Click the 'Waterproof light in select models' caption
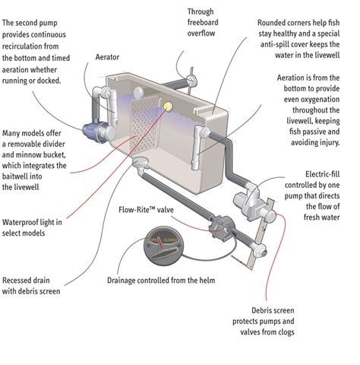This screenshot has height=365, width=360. tap(32, 227)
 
